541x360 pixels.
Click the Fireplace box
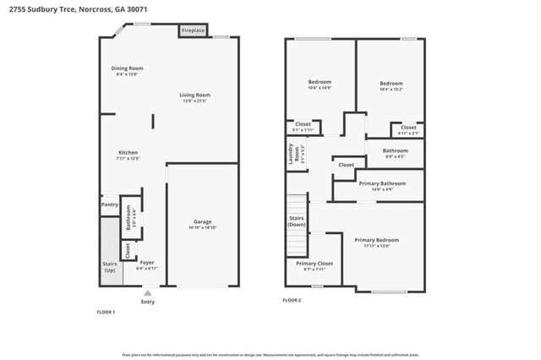(193, 31)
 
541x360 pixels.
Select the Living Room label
(194, 95)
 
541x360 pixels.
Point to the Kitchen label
(128, 152)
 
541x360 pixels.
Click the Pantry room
(109, 204)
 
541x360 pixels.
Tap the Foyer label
(147, 262)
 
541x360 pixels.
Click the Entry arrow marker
(148, 292)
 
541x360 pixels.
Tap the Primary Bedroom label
(376, 240)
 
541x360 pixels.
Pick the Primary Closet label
(314, 264)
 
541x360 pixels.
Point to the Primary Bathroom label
(382, 183)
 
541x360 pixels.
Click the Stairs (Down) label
(297, 221)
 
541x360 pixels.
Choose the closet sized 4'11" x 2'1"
(407, 130)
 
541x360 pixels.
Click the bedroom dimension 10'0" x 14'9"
(319, 88)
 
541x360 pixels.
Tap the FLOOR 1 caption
(107, 312)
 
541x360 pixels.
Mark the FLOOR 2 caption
(292, 300)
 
